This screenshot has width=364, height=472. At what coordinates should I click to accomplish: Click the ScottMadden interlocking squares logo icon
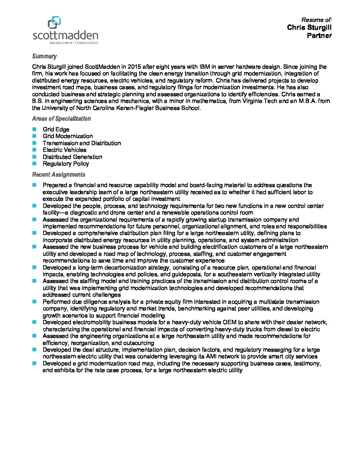click(54, 22)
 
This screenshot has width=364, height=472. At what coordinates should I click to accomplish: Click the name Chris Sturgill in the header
click(309, 27)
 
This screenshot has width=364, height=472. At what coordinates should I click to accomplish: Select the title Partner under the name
click(319, 36)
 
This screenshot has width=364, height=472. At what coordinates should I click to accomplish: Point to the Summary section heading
click(44, 56)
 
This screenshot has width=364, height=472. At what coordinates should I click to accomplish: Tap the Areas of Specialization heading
click(61, 119)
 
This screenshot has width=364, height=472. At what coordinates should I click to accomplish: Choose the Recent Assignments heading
click(59, 175)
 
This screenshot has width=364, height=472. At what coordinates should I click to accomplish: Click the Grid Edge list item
click(56, 129)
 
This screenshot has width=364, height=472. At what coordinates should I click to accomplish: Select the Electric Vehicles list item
click(64, 150)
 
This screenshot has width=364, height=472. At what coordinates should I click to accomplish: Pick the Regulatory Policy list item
click(66, 164)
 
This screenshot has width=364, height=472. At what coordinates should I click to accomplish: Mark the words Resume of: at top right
click(316, 20)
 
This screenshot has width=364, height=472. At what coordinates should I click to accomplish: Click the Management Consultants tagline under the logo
click(74, 43)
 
